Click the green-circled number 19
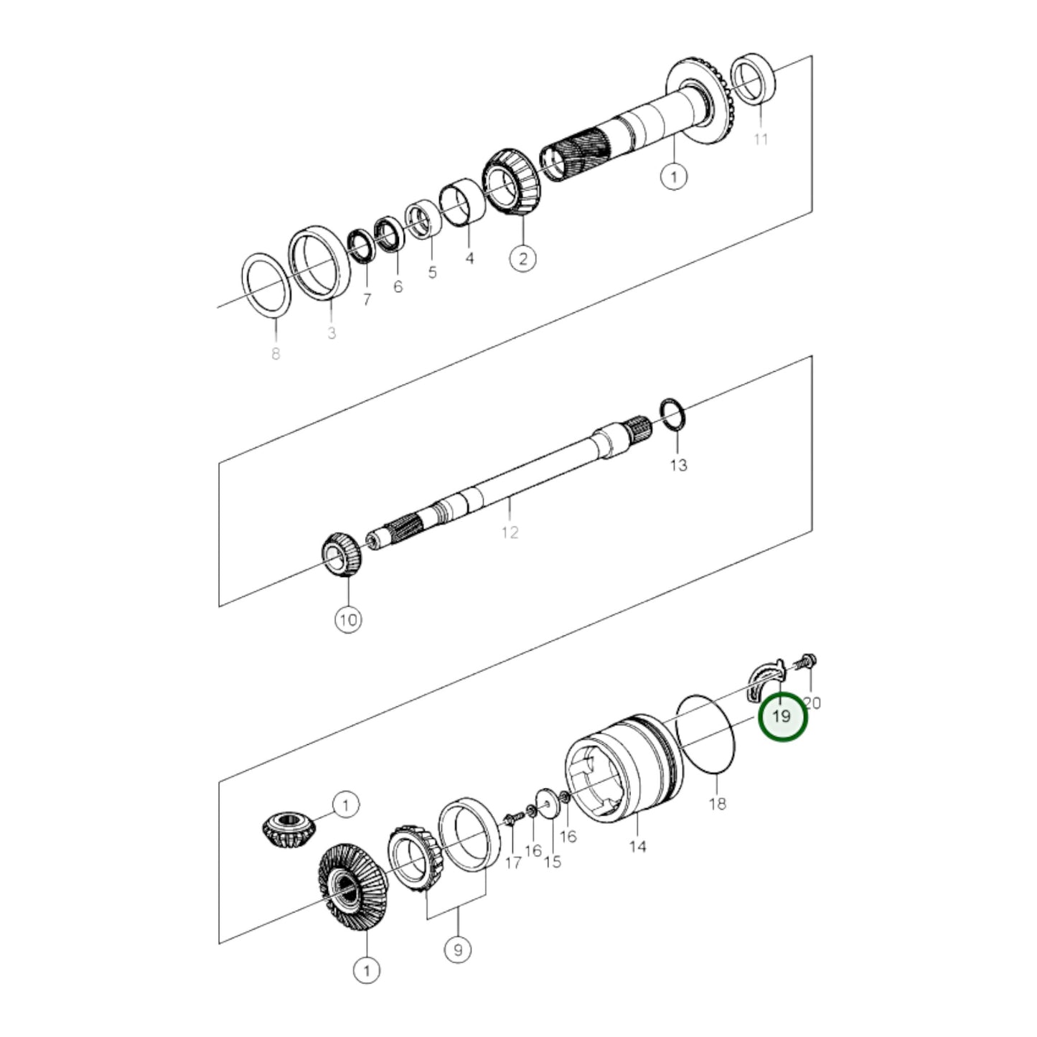(x=783, y=717)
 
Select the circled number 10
(x=348, y=620)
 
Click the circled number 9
(x=458, y=950)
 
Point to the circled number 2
(x=522, y=258)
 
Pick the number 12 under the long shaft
(x=510, y=532)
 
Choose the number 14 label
(x=637, y=846)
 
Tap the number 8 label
(x=276, y=353)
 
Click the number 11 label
(x=761, y=139)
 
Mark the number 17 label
(x=512, y=862)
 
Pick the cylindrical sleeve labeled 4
(x=463, y=203)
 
